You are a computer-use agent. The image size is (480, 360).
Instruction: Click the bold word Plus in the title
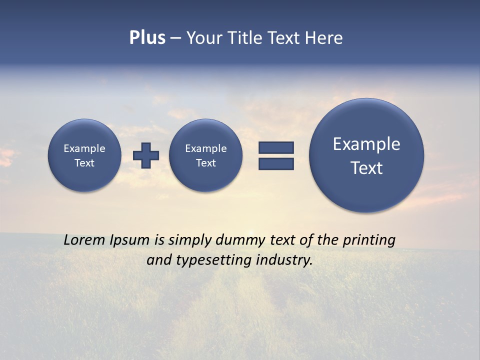(147, 38)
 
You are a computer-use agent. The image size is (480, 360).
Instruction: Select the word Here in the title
(324, 38)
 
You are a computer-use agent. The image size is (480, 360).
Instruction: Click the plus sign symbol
(146, 155)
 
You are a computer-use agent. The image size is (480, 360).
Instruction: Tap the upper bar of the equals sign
(276, 147)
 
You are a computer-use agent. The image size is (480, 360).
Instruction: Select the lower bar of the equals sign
(276, 164)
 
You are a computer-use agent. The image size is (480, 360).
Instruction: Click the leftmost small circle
(84, 155)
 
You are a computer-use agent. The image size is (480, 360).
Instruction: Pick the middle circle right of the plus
(206, 155)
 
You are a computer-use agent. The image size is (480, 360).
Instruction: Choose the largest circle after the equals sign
(366, 155)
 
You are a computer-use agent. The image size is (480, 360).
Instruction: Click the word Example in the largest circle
(366, 144)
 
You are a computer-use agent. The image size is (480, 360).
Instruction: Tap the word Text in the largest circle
(366, 168)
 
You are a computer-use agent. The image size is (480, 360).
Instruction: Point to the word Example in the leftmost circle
(84, 148)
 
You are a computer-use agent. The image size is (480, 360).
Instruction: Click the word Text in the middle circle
(206, 163)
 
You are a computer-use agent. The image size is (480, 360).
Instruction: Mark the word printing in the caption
(369, 240)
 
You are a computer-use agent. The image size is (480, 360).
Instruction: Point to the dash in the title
(175, 38)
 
